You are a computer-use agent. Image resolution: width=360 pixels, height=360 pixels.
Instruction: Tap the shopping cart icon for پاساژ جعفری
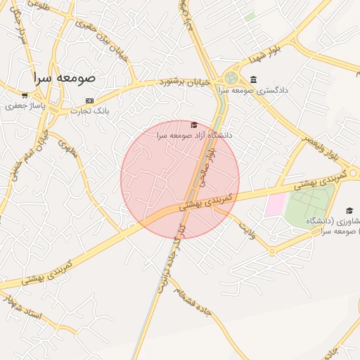pyautogui.click(x=25, y=95)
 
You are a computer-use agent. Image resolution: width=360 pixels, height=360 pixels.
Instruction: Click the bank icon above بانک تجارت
pyautogui.click(x=89, y=101)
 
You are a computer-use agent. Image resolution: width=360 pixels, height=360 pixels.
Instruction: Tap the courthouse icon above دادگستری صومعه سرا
pyautogui.click(x=253, y=79)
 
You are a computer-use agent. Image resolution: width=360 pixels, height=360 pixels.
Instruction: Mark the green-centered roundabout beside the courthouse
pyautogui.click(x=231, y=78)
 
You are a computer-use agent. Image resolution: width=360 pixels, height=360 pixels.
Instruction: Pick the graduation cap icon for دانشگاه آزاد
pyautogui.click(x=195, y=124)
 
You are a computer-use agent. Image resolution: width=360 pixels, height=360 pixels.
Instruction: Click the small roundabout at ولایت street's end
pyautogui.click(x=271, y=251)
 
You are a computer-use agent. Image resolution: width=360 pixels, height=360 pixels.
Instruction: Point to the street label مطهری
pyautogui.click(x=67, y=149)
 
